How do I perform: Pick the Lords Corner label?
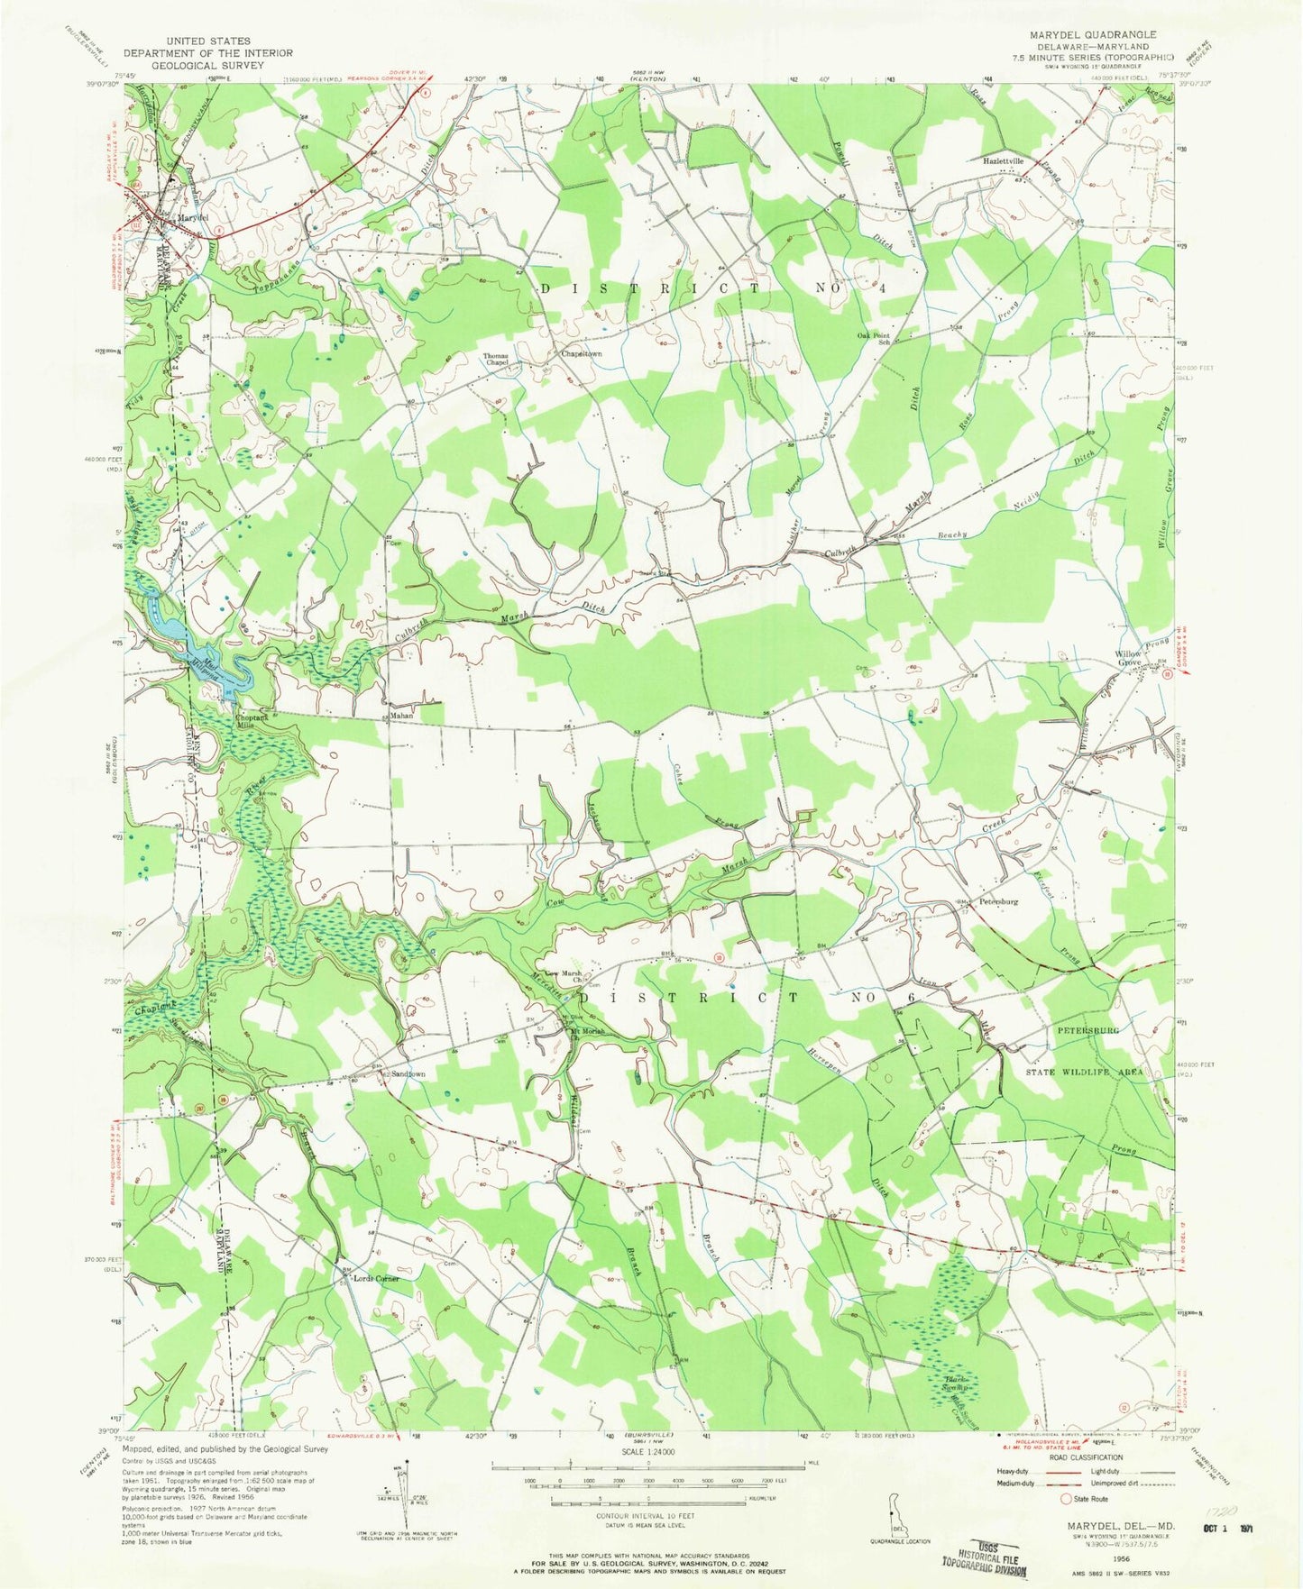[x=375, y=1279]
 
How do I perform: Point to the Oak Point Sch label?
[x=873, y=340]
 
